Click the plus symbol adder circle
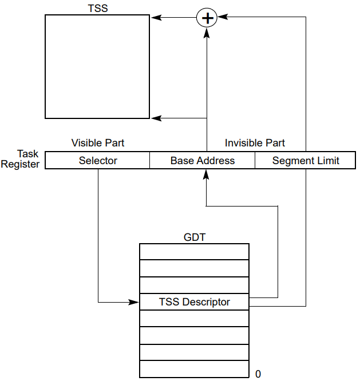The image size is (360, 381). pos(207,18)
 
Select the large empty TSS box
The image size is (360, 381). pos(97,66)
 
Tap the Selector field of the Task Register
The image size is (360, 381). pos(97,161)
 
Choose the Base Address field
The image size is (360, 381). pos(202,161)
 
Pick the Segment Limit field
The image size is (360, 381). pos(306,161)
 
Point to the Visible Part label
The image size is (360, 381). pos(97,143)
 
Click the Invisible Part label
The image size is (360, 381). pos(255,143)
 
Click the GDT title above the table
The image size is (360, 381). pos(194,236)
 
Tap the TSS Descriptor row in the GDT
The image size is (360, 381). pos(194,302)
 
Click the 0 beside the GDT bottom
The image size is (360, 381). pos(258,374)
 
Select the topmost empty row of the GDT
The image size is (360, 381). pos(194,252)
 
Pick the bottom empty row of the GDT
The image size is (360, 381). pos(194,369)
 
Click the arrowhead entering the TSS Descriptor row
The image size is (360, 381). pos(136,301)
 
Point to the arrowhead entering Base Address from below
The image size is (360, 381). pos(206,173)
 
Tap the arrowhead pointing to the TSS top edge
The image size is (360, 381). pos(155,18)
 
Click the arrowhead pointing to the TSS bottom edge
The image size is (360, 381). pos(155,118)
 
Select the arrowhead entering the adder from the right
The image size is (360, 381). pos(221,18)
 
